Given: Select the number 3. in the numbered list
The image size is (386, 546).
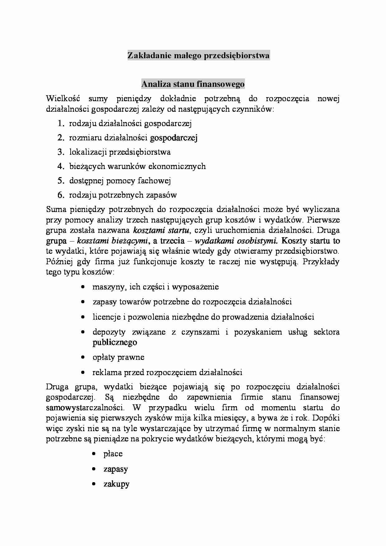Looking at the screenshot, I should point(60,152).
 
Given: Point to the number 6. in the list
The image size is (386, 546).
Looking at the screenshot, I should point(60,195).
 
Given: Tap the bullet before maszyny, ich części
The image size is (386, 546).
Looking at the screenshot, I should point(83,287).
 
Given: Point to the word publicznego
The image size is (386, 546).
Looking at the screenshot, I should point(115,342).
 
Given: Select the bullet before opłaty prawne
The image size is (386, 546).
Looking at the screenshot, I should point(83,357).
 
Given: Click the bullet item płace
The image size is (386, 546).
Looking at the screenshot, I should point(113,454).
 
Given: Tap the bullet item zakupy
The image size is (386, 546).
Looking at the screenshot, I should point(116,484).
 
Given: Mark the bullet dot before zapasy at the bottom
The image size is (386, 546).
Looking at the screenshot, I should point(94,469).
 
